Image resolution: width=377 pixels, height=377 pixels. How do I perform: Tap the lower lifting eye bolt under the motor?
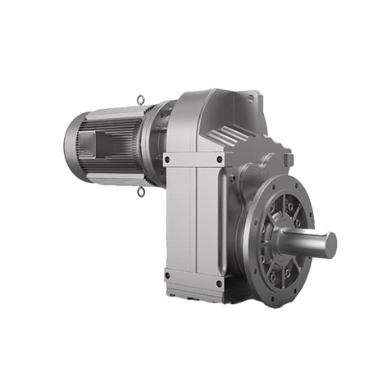click(141, 192)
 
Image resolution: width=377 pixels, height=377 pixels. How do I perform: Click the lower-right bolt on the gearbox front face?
click(220, 284)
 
